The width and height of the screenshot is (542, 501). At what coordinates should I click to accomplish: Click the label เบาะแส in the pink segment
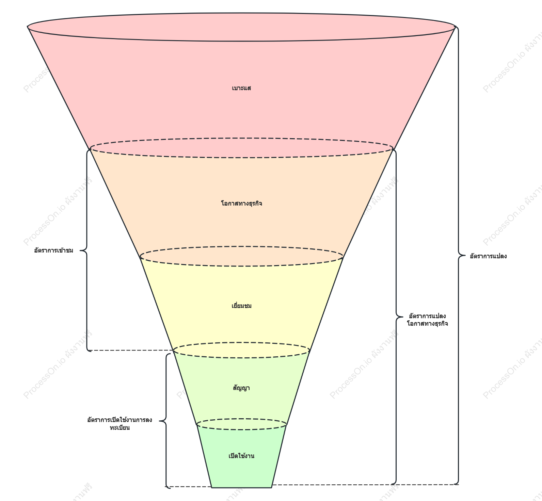coord(241,88)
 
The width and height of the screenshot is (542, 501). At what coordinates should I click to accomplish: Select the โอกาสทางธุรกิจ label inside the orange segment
coord(241,204)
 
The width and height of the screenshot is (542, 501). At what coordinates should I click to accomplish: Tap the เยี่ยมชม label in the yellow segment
coord(241,306)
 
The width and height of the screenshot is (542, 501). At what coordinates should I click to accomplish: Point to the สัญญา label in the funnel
coord(241,388)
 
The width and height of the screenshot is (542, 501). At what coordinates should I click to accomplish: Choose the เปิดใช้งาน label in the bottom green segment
coord(241,456)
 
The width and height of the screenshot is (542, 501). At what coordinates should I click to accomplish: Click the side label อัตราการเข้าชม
coord(54,251)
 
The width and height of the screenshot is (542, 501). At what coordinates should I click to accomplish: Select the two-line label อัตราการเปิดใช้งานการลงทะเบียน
coord(120,424)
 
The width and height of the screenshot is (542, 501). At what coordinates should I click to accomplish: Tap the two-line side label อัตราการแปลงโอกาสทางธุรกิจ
coord(427,320)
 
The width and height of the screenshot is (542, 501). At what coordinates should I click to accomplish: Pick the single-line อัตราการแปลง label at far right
coord(488,256)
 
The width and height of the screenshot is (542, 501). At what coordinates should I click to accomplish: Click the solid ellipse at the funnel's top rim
coord(241,41)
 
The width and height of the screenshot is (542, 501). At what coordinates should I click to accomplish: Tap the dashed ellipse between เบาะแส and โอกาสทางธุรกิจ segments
coord(241,158)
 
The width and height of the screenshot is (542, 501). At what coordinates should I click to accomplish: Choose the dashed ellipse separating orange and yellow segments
coord(241,266)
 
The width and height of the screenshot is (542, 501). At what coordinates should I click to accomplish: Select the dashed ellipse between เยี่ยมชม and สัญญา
coord(241,357)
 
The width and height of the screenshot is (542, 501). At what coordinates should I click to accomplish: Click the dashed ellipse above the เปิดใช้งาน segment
coord(241,430)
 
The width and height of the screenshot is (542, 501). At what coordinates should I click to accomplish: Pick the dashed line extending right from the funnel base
coord(365,484)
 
